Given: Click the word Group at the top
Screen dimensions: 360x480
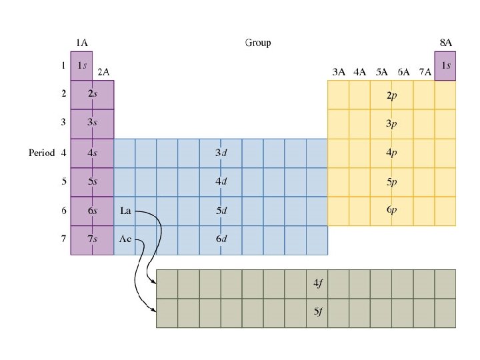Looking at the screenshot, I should tap(258, 43).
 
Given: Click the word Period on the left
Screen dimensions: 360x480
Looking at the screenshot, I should tap(42, 153).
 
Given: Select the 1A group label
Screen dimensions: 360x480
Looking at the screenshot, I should tap(81, 43).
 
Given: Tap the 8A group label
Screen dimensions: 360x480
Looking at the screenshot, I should tap(445, 43).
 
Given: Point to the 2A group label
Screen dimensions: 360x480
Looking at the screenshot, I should tap(103, 71).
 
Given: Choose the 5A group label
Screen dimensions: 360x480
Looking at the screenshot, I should tap(382, 71).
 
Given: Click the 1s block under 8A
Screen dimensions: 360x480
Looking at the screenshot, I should tap(445, 65).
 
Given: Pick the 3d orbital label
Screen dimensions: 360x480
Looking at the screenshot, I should tap(221, 153).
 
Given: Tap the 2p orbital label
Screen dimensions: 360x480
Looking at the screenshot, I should tap(392, 95).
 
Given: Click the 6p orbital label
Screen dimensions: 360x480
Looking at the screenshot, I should tap(392, 210).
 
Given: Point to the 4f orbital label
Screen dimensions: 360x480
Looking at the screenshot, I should tap(319, 283).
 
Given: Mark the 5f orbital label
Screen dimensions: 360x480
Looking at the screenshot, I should tap(319, 312).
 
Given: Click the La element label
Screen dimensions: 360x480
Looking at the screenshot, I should tap(125, 211).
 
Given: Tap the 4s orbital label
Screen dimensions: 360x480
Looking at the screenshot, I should tap(92, 153).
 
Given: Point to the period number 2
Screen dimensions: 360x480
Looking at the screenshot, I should tap(63, 94).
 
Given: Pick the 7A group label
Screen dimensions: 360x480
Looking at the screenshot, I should tap(425, 71).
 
